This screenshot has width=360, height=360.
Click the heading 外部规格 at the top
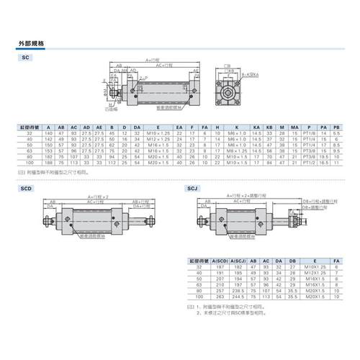coord(33,44)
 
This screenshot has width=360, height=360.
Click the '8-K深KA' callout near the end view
coord(251,73)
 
